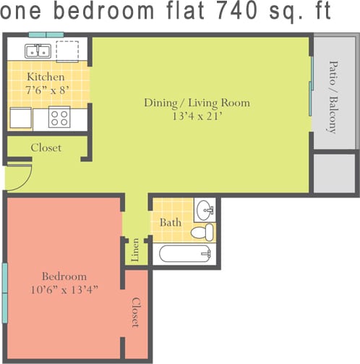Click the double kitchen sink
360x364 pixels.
tap(36, 51)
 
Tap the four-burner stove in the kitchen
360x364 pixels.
tap(59, 117)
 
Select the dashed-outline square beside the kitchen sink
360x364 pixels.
tap(67, 51)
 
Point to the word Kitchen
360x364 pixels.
tap(46, 77)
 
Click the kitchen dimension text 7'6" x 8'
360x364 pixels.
tap(46, 90)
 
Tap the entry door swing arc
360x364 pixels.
tap(20, 177)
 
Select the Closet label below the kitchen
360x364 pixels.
tap(46, 148)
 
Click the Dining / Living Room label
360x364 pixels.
tap(196, 103)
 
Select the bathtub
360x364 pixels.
tap(184, 254)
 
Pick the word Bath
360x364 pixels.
tap(171, 222)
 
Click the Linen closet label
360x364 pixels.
tap(135, 252)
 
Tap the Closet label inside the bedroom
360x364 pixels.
tap(135, 312)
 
